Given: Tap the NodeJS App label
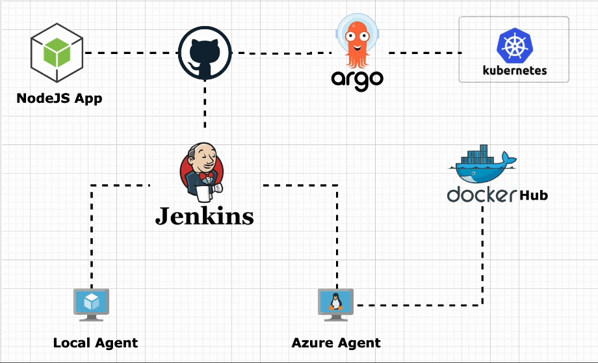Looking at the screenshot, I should (59, 99).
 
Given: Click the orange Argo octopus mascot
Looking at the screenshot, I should (356, 42).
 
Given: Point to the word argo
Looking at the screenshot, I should (357, 79).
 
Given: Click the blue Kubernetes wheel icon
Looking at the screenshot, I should (513, 46).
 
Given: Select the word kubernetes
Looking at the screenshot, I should (514, 70).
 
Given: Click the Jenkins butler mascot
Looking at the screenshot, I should (201, 170).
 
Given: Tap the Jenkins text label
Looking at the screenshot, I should (204, 215).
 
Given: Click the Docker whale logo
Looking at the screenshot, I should (481, 164).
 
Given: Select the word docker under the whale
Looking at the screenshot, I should (482, 195).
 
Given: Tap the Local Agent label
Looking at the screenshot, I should (96, 343).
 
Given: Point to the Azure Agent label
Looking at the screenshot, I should (336, 343).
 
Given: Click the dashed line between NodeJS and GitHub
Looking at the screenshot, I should (130, 53).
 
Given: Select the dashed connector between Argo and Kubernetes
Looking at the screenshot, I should (422, 53).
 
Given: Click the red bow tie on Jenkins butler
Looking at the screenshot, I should (207, 177).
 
